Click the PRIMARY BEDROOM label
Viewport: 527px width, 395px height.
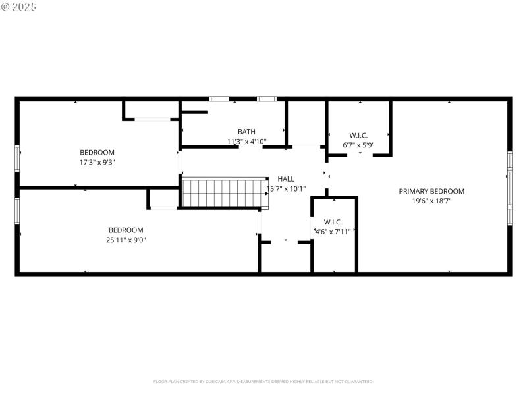pos(431,191)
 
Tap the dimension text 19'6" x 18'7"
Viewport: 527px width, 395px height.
pos(431,201)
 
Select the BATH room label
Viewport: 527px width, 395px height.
pos(246,132)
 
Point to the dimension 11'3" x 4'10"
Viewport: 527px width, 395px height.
pos(246,142)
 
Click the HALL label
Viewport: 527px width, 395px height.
pos(286,178)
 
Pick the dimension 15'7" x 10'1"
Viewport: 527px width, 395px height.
pos(286,189)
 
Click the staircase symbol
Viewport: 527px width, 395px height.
pos(225,192)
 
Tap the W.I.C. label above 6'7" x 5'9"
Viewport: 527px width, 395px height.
pos(358,135)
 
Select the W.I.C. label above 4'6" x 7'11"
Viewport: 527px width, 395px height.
pos(333,222)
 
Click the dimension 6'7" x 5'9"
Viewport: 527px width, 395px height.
pos(358,145)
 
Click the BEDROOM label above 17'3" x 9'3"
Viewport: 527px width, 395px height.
pos(97,152)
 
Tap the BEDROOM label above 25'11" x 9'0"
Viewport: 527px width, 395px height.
pos(126,230)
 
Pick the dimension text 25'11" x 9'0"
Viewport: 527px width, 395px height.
pos(126,240)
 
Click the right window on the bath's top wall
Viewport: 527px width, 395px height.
pos(267,99)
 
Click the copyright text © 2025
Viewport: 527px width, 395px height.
pos(19,7)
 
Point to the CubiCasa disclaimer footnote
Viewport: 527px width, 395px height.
pos(263,381)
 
